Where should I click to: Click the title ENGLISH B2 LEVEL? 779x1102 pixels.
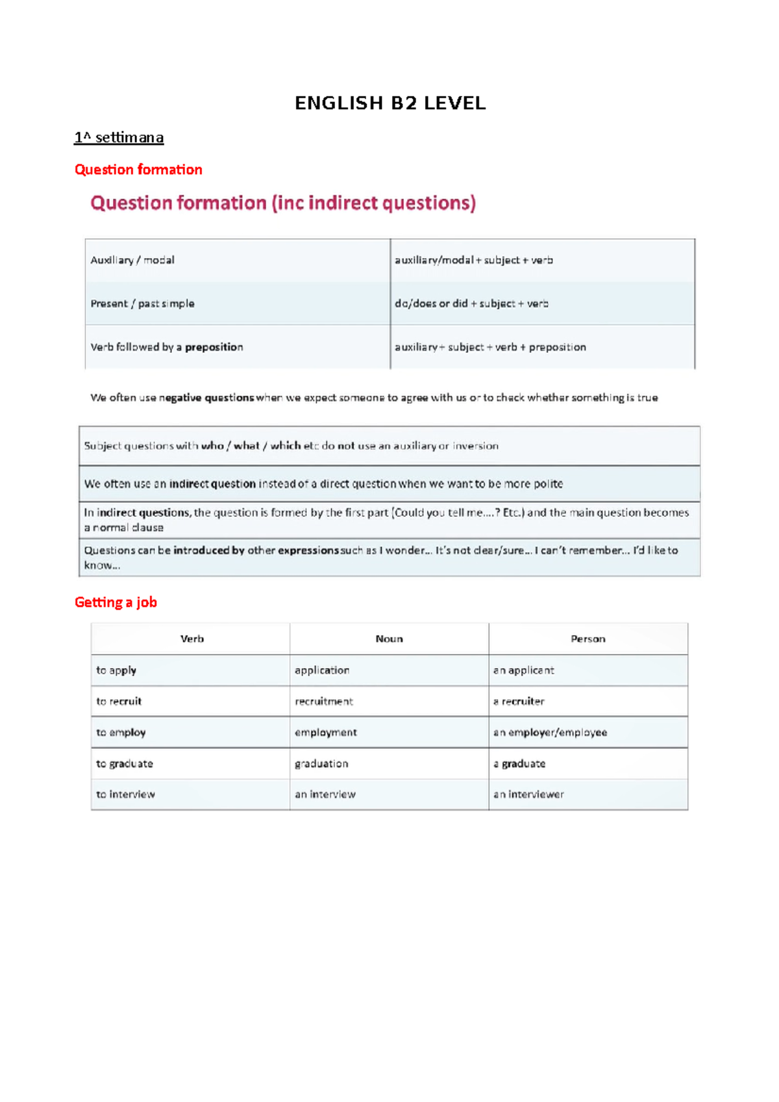tap(390, 103)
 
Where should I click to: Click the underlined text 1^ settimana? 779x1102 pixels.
tap(119, 138)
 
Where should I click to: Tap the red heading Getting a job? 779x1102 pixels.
tap(116, 602)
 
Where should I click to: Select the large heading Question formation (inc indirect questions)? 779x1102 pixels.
tap(283, 203)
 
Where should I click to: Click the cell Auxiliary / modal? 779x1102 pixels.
tap(132, 260)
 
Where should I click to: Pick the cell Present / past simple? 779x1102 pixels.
tap(142, 304)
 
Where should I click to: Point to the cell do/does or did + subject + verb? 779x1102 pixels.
tap(471, 304)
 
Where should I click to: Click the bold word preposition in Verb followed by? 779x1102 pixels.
tap(214, 347)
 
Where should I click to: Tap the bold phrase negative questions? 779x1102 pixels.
tap(206, 398)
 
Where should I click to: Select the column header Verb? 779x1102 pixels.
tap(192, 639)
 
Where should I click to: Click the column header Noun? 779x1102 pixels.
tap(389, 639)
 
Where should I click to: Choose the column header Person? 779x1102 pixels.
tap(587, 639)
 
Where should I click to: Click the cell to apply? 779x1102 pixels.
tap(116, 670)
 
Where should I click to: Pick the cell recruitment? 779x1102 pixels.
tap(324, 702)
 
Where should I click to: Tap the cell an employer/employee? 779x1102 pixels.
tap(550, 733)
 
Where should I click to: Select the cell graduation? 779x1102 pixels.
tap(321, 764)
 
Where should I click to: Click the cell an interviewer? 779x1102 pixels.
tap(528, 794)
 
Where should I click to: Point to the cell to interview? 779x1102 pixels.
tap(125, 794)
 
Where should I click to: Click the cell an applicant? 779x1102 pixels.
tap(523, 670)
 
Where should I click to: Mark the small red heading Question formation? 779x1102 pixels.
tap(138, 170)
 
